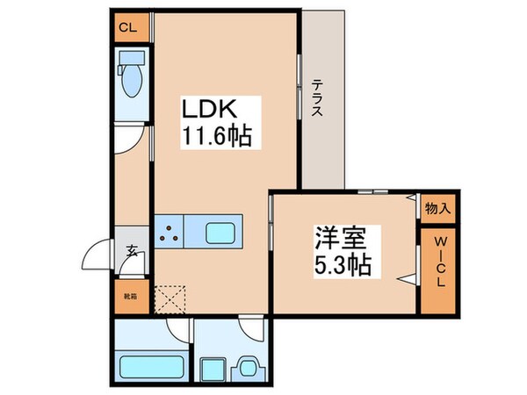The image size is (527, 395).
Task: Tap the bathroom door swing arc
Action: (181, 332)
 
